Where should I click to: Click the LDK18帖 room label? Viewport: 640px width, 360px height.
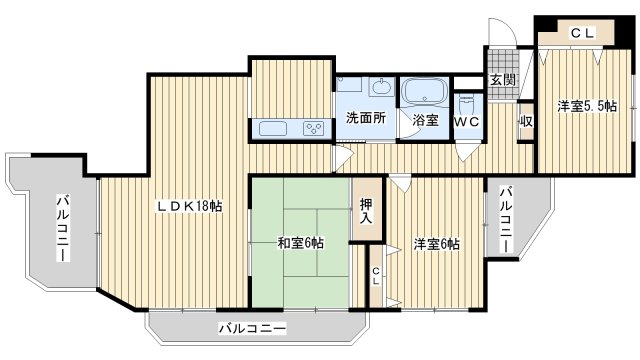click(x=188, y=206)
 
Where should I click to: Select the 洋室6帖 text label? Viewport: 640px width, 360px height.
click(x=436, y=244)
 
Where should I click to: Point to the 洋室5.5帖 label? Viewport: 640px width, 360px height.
click(x=586, y=106)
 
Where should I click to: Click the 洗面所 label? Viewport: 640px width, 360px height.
click(x=366, y=118)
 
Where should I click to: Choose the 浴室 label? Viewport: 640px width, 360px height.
click(x=425, y=120)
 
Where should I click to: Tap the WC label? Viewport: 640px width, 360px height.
click(x=467, y=120)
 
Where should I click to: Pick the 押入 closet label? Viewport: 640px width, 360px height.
click(x=366, y=209)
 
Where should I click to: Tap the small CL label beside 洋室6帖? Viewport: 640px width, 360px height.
click(x=376, y=275)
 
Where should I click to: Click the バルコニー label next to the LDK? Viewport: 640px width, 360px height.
click(x=62, y=227)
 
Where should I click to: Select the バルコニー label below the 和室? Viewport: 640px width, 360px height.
click(x=252, y=328)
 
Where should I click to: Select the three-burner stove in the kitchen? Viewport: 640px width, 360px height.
click(x=315, y=127)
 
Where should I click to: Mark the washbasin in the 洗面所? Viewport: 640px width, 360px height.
click(x=381, y=89)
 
